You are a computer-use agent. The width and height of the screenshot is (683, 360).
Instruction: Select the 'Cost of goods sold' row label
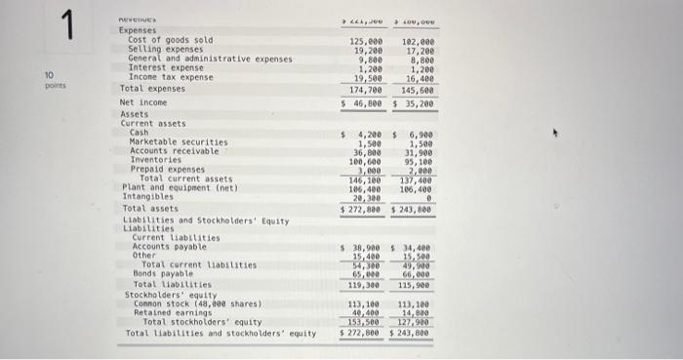pos(170,40)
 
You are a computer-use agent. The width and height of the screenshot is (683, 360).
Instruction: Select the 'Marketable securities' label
pos(178,141)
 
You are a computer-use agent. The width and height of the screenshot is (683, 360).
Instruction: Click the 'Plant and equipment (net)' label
pos(175,187)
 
